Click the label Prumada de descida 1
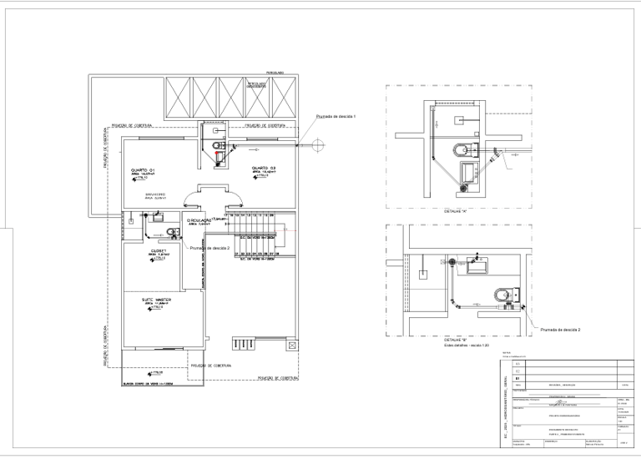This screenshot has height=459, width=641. click(x=336, y=116)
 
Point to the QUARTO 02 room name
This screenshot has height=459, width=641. click(x=264, y=169)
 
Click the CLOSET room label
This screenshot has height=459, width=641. click(x=159, y=251)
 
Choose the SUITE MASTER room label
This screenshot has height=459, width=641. click(x=157, y=298)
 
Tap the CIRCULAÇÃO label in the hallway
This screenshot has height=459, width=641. click(x=200, y=220)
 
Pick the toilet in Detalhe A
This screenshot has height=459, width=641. click(x=462, y=151)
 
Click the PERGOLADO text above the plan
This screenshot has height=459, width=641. click(x=277, y=73)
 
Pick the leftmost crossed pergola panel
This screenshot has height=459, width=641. click(x=179, y=98)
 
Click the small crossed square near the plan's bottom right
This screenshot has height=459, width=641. click(x=290, y=344)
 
